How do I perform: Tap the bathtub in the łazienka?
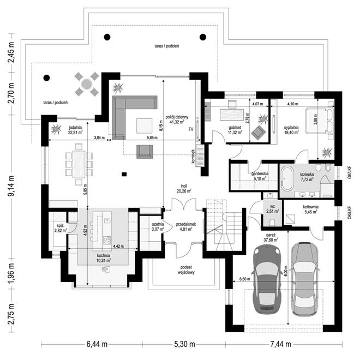click(287, 178)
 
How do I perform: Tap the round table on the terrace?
click(86, 84)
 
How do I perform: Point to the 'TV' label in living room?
click(191, 129)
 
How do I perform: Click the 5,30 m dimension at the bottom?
click(185, 344)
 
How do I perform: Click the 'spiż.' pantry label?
click(57, 225)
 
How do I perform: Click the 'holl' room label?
click(182, 185)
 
